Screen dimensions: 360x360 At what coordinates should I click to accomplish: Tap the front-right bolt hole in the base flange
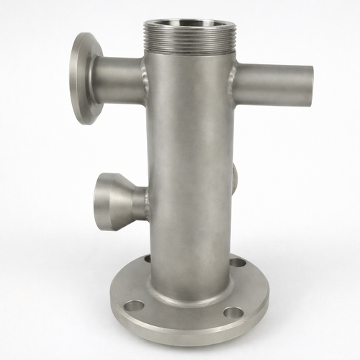pyautogui.click(x=233, y=313)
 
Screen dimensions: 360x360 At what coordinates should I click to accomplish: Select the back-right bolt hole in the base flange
pyautogui.click(x=238, y=261)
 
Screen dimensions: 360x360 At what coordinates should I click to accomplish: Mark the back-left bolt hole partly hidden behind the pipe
pyautogui.click(x=148, y=258)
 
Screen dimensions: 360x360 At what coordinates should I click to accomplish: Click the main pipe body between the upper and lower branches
pyautogui.click(x=191, y=137)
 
